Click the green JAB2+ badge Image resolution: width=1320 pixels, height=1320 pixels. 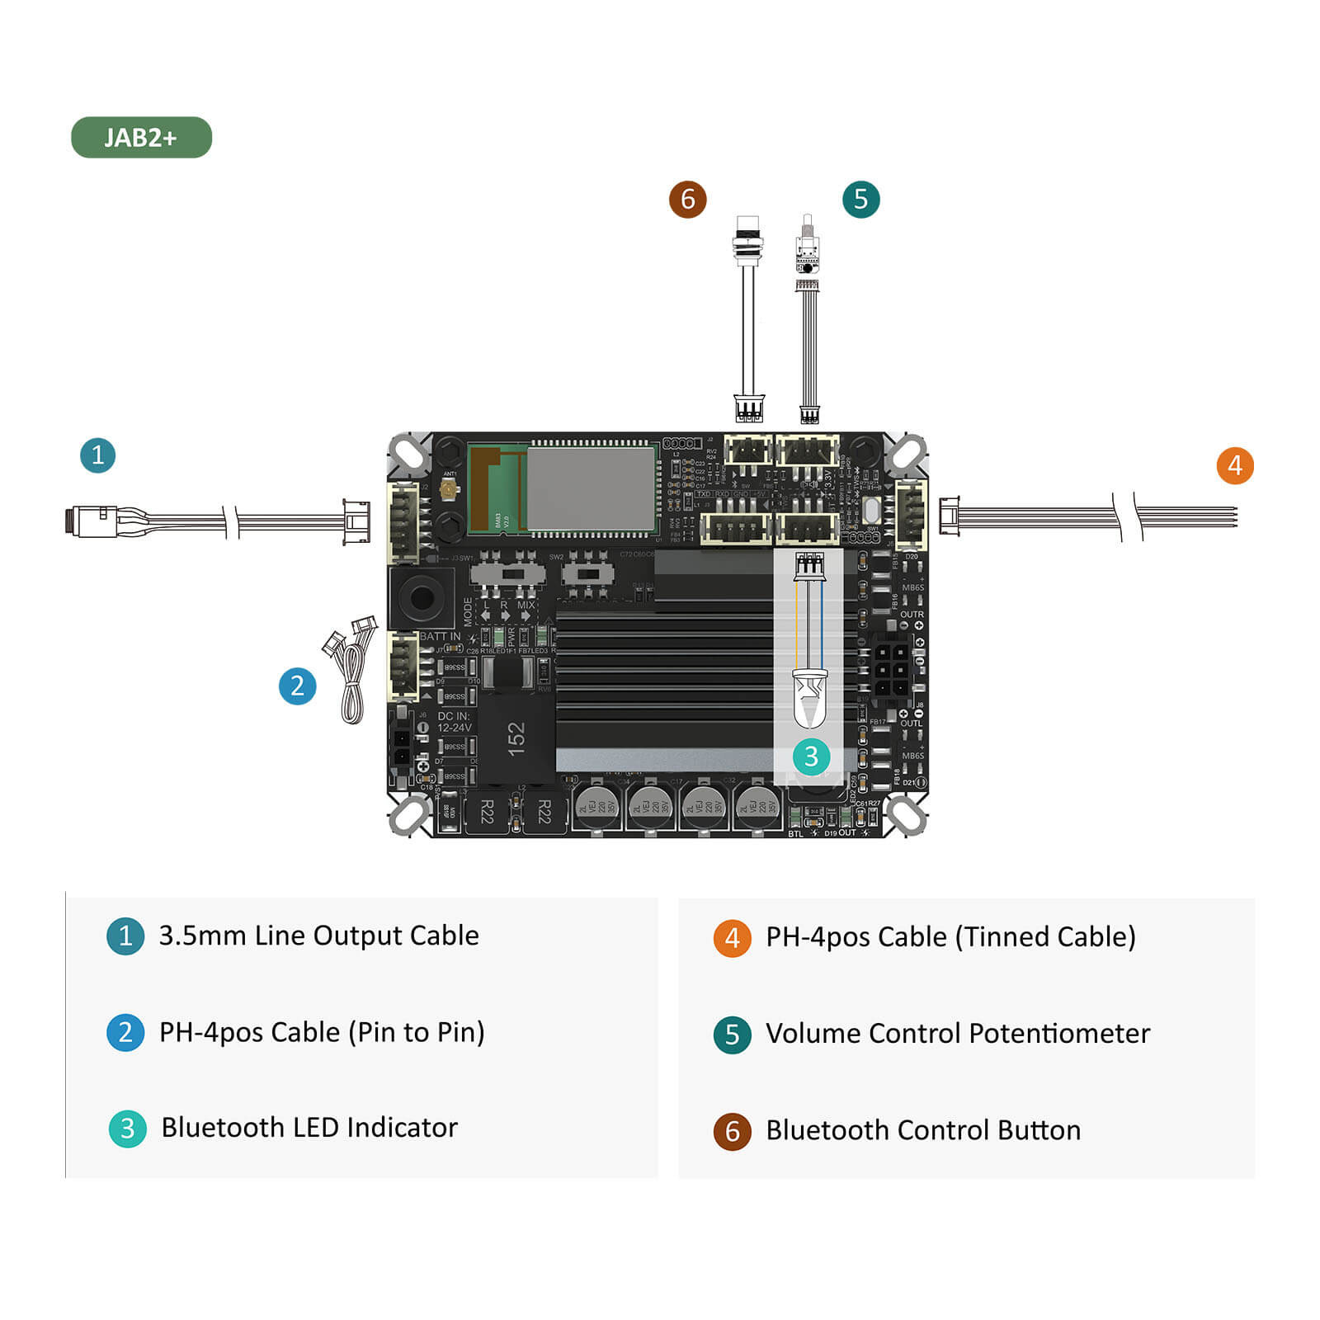coord(141,137)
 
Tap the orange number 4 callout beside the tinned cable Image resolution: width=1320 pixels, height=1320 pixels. coord(1234,466)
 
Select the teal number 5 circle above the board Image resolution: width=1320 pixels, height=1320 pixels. coord(860,199)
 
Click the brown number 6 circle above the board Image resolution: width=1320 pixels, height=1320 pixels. coord(687,199)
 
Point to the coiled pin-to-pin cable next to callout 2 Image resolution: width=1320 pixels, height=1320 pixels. coord(351,672)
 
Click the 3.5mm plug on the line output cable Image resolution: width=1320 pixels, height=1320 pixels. coord(91,521)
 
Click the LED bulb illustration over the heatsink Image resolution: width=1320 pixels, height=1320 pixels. coord(809,697)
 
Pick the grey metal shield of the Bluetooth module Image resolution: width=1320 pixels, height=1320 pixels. coord(590,488)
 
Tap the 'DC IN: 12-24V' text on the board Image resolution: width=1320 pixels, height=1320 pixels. coord(454,722)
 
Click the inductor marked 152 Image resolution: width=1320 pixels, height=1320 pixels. coord(516,738)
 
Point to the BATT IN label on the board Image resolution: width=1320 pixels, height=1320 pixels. coord(440,636)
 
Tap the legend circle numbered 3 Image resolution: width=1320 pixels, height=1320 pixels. coord(127,1128)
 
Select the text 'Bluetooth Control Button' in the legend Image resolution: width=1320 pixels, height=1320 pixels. coord(922,1129)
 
